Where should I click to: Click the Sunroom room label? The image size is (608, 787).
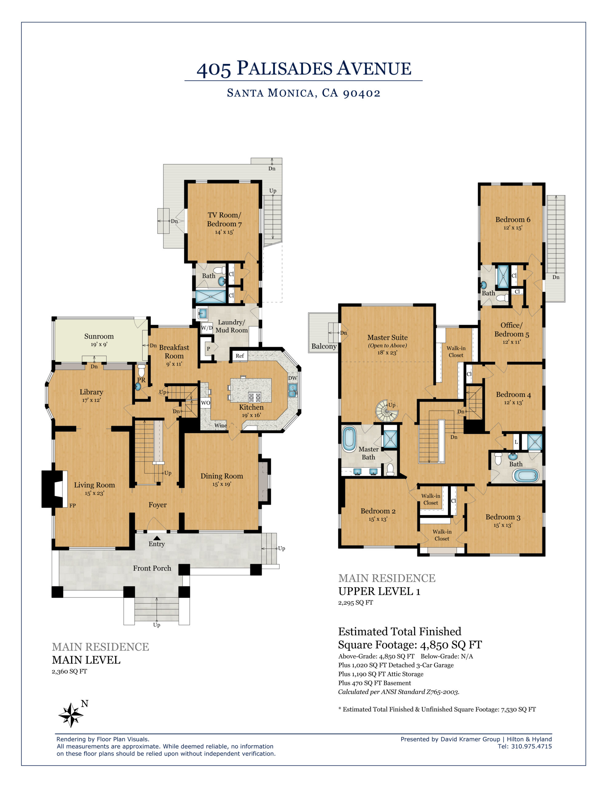click(99, 336)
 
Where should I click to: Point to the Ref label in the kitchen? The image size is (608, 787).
click(240, 356)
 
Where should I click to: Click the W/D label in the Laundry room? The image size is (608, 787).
click(207, 328)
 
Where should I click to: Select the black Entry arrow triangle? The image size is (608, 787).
click(157, 538)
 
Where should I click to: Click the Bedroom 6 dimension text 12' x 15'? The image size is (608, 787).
click(512, 228)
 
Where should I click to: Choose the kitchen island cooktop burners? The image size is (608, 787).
click(255, 397)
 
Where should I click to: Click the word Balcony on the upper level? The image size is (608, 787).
click(324, 346)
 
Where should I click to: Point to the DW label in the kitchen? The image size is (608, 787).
click(293, 378)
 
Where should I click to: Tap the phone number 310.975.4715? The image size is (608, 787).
click(531, 746)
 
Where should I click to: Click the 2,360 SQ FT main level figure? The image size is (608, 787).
click(69, 671)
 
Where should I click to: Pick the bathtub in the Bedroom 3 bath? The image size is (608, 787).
click(526, 476)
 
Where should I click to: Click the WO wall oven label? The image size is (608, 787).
click(205, 403)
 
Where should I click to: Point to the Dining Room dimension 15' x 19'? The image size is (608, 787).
click(222, 484)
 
